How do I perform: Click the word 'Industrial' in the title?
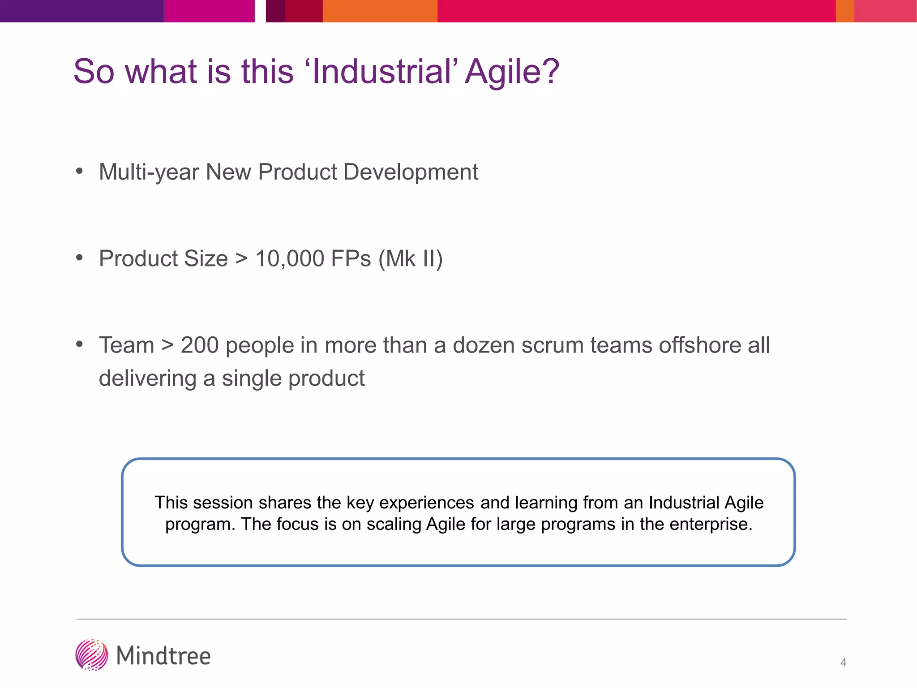(x=383, y=72)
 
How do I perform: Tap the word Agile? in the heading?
(x=512, y=72)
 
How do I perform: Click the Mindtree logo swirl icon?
(x=91, y=655)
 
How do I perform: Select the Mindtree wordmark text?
(x=163, y=656)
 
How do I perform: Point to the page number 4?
(x=843, y=662)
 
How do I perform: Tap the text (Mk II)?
(x=411, y=258)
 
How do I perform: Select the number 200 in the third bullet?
(x=199, y=345)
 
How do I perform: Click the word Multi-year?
(x=149, y=172)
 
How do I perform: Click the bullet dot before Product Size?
(x=80, y=258)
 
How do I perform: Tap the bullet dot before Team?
(x=80, y=344)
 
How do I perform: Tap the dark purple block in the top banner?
(x=81, y=11)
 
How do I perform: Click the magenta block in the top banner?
(x=209, y=11)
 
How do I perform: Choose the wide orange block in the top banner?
(x=380, y=11)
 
